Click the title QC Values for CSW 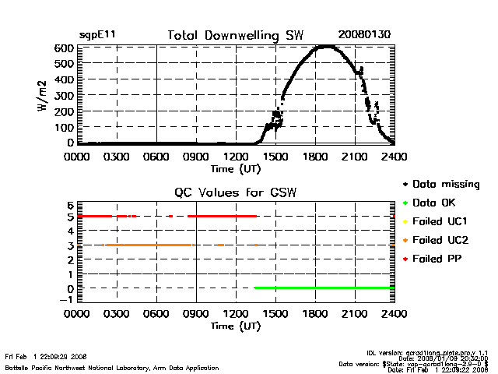click(x=236, y=193)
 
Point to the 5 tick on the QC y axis click(x=70, y=217)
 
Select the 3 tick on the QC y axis click(x=70, y=245)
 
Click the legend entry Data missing click(x=446, y=185)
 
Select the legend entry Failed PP click(x=438, y=258)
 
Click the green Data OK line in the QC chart click(x=327, y=288)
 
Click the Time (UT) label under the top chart click(x=236, y=168)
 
